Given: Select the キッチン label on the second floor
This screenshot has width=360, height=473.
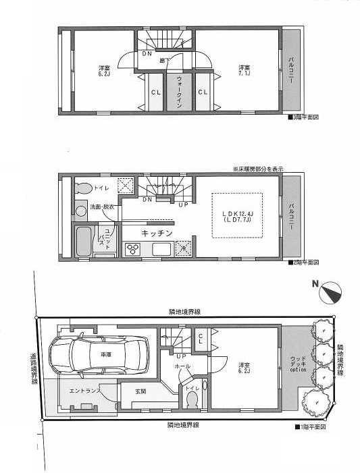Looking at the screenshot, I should click(x=157, y=233).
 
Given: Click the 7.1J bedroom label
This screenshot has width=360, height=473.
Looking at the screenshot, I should click(x=245, y=69).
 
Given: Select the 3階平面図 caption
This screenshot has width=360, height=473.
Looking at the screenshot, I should click(x=302, y=117).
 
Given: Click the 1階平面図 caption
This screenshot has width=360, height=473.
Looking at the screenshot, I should click(x=311, y=426).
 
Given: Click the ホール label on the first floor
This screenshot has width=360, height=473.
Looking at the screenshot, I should click(x=182, y=366).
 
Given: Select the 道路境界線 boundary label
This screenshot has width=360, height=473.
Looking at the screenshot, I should click(x=34, y=370).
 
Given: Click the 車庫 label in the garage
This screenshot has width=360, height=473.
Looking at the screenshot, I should click(x=106, y=354).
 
